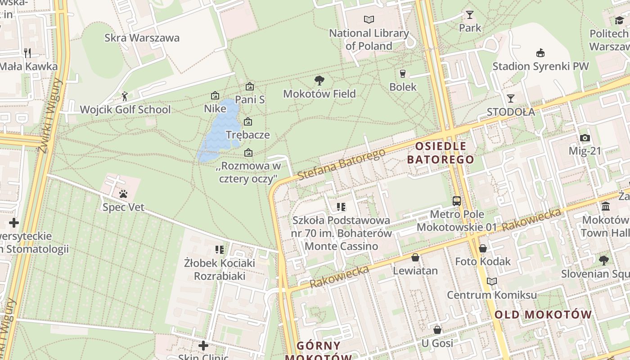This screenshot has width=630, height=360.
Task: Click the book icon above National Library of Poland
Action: coord(369,19)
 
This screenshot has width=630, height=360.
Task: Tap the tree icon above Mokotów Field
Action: coord(319,81)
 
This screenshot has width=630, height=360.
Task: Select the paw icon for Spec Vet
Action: coord(123,194)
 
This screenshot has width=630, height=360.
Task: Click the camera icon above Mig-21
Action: coord(585,138)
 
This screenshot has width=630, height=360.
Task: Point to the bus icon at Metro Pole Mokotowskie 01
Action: coord(457,201)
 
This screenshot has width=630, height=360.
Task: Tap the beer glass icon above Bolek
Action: coord(403,73)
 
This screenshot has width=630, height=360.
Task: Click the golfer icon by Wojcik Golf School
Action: coord(125,96)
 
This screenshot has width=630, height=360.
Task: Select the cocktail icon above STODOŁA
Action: coord(511,98)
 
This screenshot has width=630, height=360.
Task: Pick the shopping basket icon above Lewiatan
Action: coord(415,257)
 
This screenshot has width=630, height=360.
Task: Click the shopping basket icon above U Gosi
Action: coord(437,330)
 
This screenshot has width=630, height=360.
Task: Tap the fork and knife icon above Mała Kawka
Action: coord(28,53)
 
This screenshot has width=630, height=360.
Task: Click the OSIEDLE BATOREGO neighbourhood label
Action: coord(441,153)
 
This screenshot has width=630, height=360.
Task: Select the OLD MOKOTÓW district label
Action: coord(543,315)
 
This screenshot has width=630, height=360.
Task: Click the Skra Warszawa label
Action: coord(142,38)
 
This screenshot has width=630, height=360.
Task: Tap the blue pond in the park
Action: coord(220,130)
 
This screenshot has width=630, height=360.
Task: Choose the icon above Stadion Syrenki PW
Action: coord(540,53)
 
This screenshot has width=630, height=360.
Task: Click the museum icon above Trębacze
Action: coord(248,121)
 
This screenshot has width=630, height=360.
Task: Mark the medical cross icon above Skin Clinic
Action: coord(203,346)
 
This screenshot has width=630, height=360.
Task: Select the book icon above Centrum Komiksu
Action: coord(492,282)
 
